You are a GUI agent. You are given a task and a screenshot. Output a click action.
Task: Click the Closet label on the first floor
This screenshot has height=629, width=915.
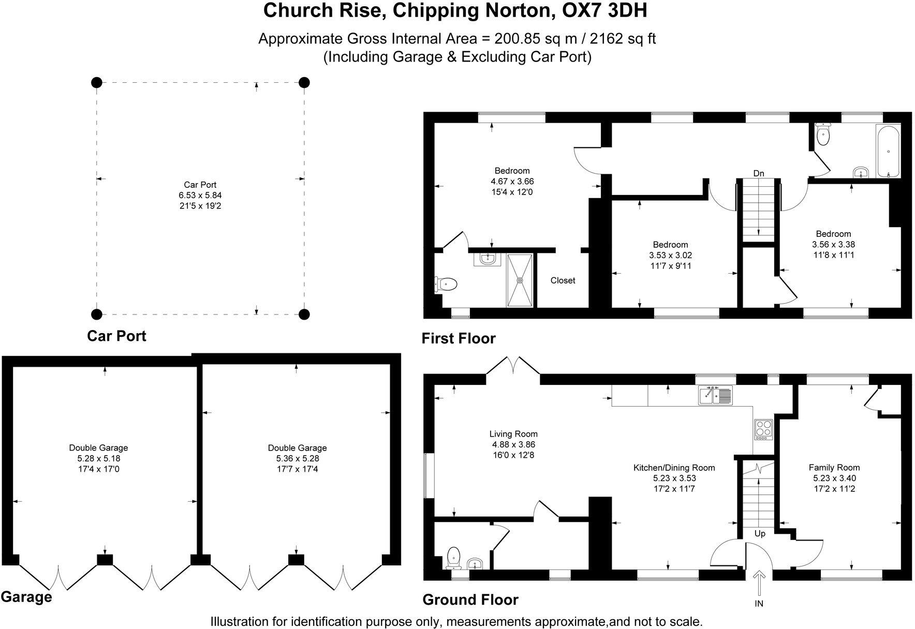[x=563, y=280]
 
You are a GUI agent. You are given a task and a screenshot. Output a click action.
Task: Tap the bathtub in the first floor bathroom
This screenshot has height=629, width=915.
[x=888, y=151]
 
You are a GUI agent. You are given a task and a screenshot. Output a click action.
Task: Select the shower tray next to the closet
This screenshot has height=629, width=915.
[x=520, y=280]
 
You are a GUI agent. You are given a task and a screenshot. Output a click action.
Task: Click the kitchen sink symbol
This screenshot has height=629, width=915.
[x=715, y=396]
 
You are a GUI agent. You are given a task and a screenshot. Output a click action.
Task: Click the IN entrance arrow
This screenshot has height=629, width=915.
[x=759, y=583]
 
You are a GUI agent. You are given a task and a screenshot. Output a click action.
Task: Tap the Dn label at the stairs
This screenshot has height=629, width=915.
[x=758, y=174]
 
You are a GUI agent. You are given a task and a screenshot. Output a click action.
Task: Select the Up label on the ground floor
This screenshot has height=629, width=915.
[x=759, y=533]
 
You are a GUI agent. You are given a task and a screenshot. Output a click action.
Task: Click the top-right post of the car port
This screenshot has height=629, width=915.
[x=304, y=82]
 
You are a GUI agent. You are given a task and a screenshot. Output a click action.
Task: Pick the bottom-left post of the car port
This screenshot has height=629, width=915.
[x=96, y=314]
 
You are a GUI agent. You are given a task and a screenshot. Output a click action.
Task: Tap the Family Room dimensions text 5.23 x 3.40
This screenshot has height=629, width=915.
[x=834, y=478]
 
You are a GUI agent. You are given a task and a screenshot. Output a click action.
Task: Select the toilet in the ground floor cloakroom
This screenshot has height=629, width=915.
[x=454, y=558]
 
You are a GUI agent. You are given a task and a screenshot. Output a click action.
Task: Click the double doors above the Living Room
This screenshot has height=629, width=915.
[x=513, y=366]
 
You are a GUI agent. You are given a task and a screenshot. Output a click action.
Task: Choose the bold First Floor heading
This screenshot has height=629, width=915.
[x=458, y=338]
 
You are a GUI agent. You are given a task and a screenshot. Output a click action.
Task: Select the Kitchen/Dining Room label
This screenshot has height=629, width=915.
[x=674, y=468]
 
